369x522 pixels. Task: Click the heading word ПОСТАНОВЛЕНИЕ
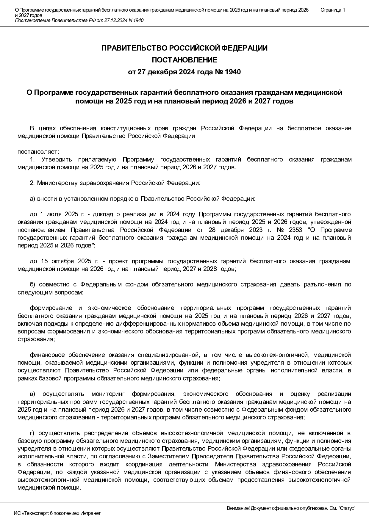tap(185, 60)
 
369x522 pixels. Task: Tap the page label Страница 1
tap(333, 10)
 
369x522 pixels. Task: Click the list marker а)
tap(32, 199)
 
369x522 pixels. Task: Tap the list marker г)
tap(32, 433)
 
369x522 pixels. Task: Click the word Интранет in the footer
tap(91, 513)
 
